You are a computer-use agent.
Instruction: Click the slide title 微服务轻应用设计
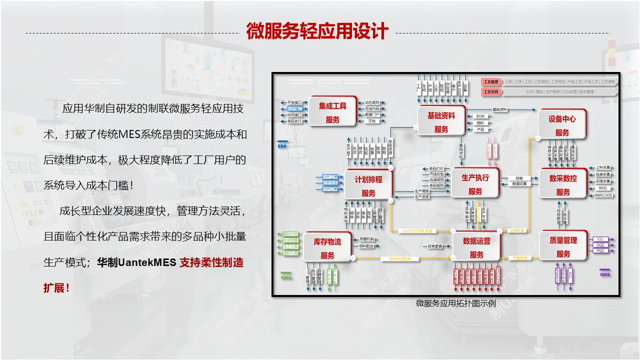tap(317, 31)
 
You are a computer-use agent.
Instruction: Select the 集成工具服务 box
tap(332, 112)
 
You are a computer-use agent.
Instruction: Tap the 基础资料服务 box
tap(441, 121)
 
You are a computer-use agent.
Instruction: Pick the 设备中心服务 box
tap(562, 125)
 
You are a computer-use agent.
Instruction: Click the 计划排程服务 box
tap(368, 185)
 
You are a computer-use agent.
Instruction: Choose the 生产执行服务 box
tap(475, 183)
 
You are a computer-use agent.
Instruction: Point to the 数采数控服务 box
tap(563, 184)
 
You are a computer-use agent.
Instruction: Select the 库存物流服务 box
tap(327, 248)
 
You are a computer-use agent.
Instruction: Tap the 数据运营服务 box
tap(476, 247)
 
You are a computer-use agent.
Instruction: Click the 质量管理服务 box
tap(563, 246)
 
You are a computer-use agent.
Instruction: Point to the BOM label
tap(480, 116)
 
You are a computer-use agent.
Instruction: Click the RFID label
tap(602, 188)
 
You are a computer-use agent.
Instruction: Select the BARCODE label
tap(603, 195)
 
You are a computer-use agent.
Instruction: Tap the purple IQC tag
tap(601, 239)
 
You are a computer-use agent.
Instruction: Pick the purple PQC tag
tap(601, 250)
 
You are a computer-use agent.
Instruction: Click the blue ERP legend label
tap(282, 146)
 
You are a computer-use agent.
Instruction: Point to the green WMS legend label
tap(286, 276)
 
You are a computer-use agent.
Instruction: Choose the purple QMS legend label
tap(605, 274)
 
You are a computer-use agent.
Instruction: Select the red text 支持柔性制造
tap(211, 262)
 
